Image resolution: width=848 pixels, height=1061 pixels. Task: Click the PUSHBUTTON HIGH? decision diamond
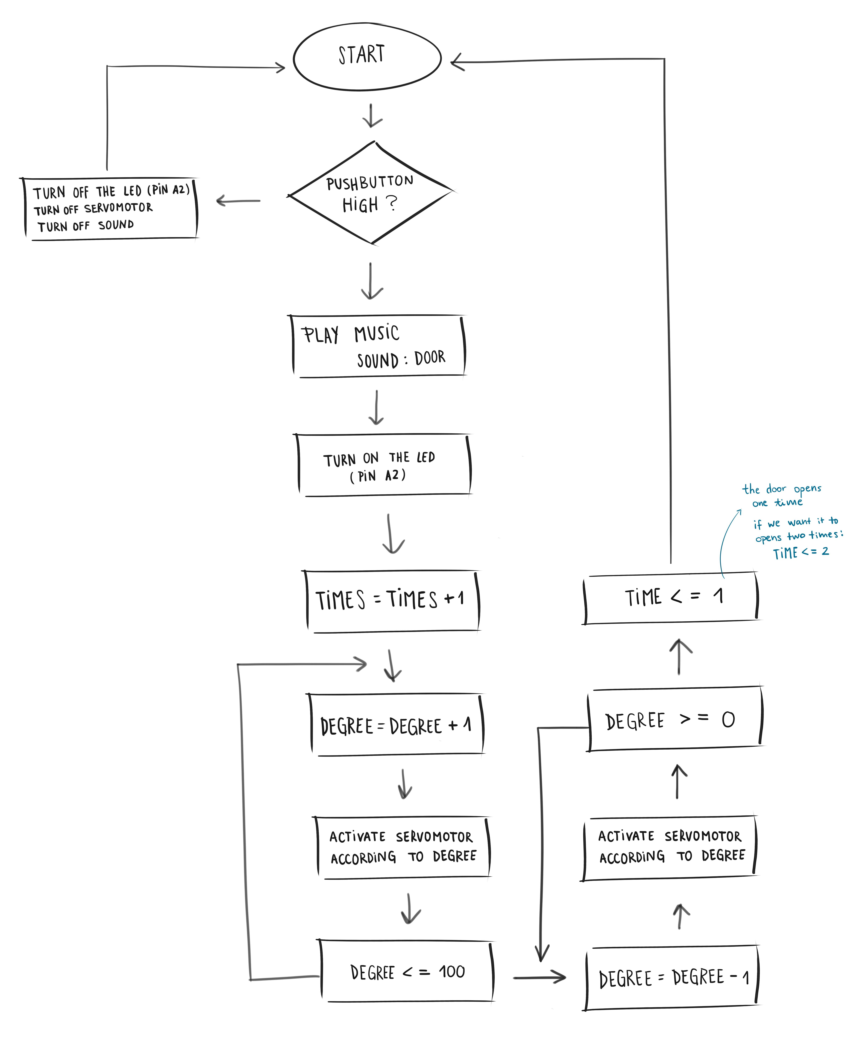370,193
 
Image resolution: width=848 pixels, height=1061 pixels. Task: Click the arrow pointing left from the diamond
239,201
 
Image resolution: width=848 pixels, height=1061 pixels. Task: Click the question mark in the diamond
392,203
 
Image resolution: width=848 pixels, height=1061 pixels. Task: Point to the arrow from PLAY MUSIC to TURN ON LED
376,407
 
